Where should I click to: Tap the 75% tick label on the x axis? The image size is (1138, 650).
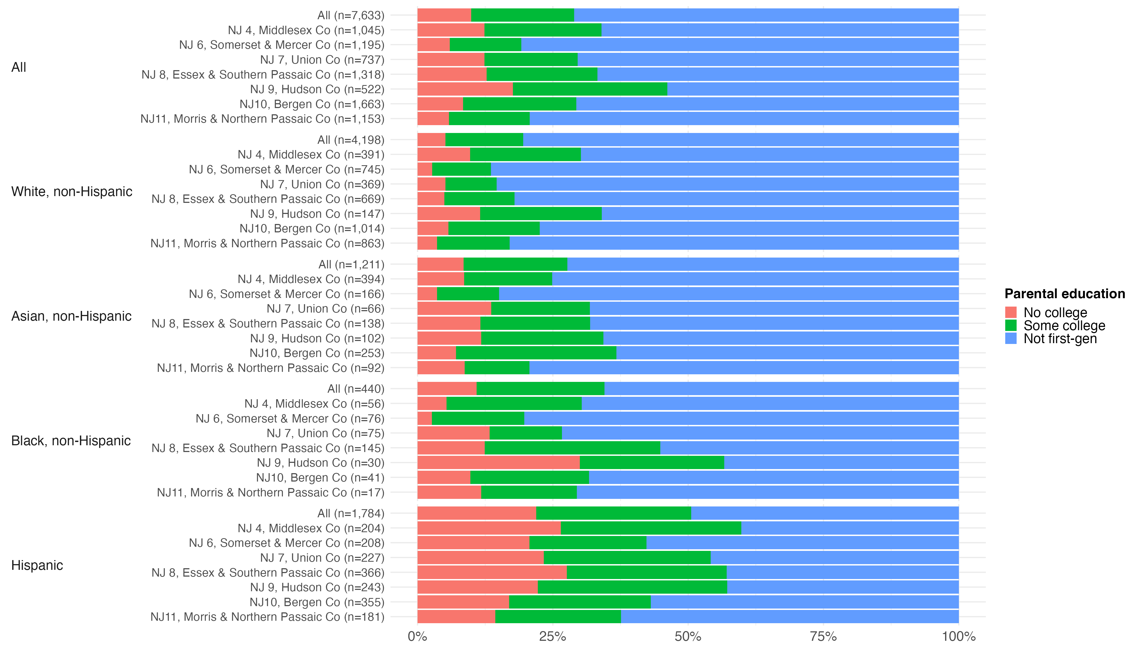tap(823, 636)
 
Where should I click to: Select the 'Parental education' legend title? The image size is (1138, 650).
tap(1064, 294)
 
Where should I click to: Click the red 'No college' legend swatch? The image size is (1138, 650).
tap(1011, 312)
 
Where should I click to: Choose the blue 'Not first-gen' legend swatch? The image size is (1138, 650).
tap(1011, 338)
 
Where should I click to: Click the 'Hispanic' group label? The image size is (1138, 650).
tap(37, 565)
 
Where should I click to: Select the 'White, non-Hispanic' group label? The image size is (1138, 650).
tap(72, 191)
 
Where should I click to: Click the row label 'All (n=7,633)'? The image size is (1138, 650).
tap(351, 15)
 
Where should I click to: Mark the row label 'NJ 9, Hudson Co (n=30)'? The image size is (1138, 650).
tap(320, 463)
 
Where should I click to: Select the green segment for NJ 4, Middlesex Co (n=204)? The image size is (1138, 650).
tap(651, 528)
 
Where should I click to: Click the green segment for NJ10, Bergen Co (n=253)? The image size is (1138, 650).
tap(536, 353)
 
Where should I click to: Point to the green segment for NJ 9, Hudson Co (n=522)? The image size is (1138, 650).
tap(590, 89)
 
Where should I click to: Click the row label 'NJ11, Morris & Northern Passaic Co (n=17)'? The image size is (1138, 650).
tap(270, 492)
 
